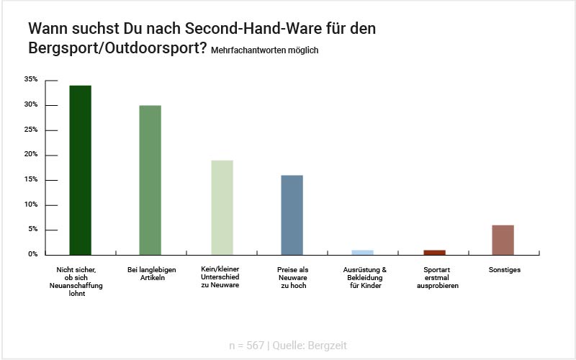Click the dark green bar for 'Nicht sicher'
80,170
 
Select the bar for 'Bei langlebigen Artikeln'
150,180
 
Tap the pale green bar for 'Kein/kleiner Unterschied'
221,207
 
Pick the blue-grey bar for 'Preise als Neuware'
292,215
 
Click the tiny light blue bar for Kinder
362,252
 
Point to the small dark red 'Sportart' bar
433,252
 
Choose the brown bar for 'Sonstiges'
503,240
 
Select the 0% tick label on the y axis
32,254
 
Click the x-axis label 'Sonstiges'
503,270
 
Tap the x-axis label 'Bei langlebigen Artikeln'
150,274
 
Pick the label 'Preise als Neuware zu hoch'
292,278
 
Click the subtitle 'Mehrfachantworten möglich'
264,51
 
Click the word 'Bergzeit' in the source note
327,346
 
